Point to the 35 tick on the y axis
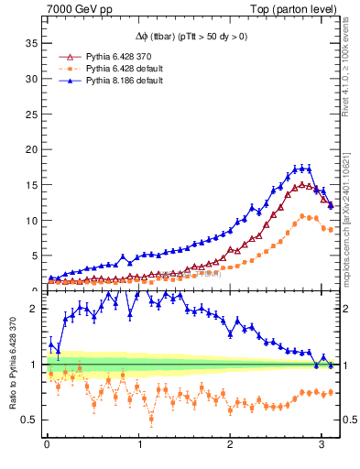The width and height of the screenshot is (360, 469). point(29,43)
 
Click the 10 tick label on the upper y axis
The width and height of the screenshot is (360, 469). point(29,220)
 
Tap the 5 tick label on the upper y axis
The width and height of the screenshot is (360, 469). point(32,256)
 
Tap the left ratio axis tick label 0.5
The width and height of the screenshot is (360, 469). point(27,420)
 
